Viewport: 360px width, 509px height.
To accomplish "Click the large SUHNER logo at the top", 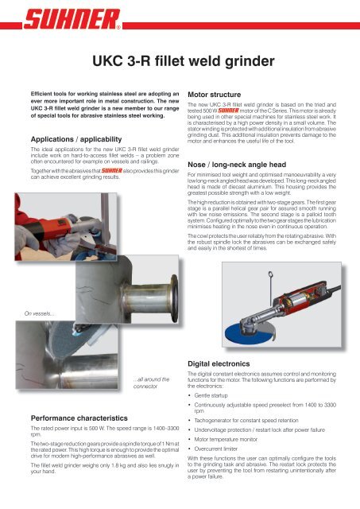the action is click(x=72, y=19).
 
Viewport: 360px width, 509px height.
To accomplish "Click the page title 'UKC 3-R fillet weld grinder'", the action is click(x=184, y=61).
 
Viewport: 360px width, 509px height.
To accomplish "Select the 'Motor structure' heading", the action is click(x=214, y=95).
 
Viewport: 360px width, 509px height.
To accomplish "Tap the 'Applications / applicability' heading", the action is click(x=76, y=139).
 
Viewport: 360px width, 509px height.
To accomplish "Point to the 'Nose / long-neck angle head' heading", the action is click(x=237, y=165).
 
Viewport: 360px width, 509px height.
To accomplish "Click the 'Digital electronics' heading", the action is click(x=219, y=364).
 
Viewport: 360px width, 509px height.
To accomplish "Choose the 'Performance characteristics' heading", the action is click(x=79, y=418).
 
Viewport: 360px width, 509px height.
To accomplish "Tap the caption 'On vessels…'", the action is click(x=40, y=313).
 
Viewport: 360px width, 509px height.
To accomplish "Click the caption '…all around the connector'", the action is click(x=151, y=383).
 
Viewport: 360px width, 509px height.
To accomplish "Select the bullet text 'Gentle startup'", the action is click(x=211, y=395).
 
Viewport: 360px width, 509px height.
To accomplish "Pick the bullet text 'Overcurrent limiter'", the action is click(x=215, y=449).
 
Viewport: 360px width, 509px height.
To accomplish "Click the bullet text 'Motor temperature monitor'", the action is click(x=226, y=439).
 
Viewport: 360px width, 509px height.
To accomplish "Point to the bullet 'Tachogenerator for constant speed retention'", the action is click(x=246, y=421).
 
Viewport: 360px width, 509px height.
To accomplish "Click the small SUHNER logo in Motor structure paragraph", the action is click(x=228, y=111).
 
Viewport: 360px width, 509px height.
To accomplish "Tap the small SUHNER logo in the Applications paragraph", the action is click(x=111, y=170).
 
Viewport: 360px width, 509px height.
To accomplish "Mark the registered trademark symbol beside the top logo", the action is click(x=118, y=28).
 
